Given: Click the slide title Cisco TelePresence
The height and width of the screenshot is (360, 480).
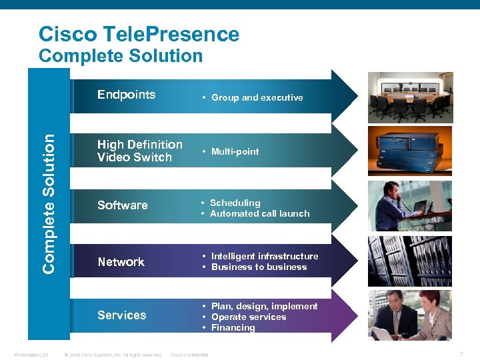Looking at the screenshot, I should [139, 34].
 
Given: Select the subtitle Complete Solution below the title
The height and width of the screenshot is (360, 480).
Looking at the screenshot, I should [121, 56].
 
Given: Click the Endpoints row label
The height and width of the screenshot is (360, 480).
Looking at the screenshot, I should [126, 95].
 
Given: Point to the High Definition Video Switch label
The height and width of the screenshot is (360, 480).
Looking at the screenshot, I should [139, 151].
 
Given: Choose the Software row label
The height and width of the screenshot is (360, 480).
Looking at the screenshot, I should [122, 205].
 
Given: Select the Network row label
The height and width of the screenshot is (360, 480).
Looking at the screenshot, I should [121, 262].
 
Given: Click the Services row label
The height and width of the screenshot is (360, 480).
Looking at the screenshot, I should [121, 315].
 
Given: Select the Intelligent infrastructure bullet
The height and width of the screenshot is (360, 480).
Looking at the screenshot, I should [264, 256].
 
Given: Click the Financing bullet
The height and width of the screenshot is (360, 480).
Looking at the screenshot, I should [233, 328].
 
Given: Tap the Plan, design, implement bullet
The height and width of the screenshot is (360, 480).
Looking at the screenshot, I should [264, 307].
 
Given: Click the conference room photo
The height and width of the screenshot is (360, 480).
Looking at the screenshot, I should [410, 96].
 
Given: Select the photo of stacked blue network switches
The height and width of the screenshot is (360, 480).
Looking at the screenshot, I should [410, 151].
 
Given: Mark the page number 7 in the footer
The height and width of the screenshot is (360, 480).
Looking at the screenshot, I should [461, 353].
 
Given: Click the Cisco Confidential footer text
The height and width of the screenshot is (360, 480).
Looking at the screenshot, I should [189, 355].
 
